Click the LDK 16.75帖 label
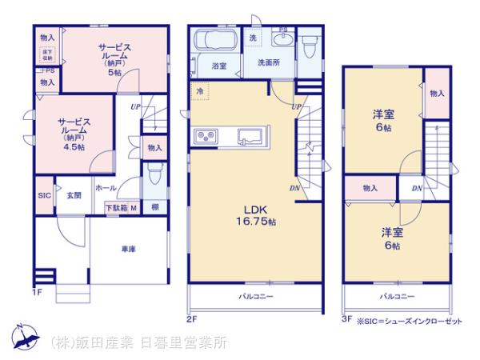254,214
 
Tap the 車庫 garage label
128,250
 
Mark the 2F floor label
191,318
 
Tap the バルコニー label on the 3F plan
397,296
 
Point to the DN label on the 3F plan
416,188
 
